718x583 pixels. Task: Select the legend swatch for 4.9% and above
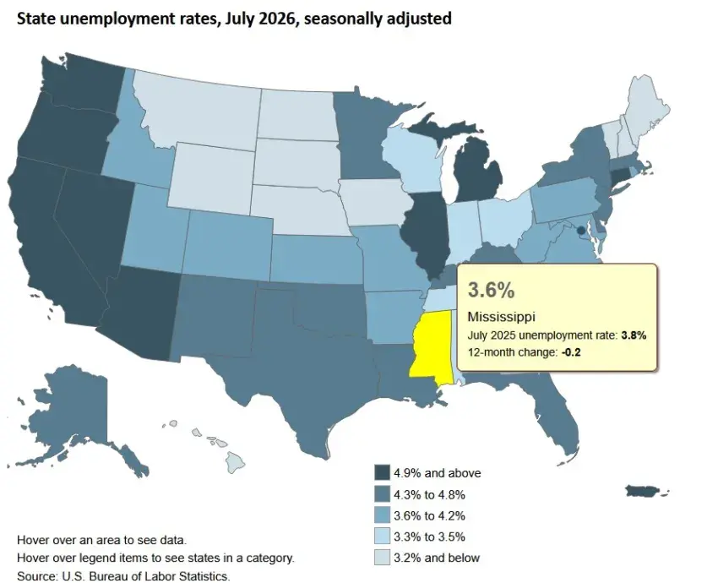click(382, 472)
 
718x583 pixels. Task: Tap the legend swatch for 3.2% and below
click(382, 558)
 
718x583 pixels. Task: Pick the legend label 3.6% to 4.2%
click(429, 515)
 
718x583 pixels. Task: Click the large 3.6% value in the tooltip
click(491, 290)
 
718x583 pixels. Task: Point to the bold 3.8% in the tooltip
click(634, 335)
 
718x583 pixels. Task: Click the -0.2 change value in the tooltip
click(571, 352)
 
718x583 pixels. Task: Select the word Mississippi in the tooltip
click(502, 317)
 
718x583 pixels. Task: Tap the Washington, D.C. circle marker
click(580, 230)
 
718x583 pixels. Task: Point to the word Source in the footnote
click(36, 575)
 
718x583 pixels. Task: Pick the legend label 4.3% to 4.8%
click(429, 494)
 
